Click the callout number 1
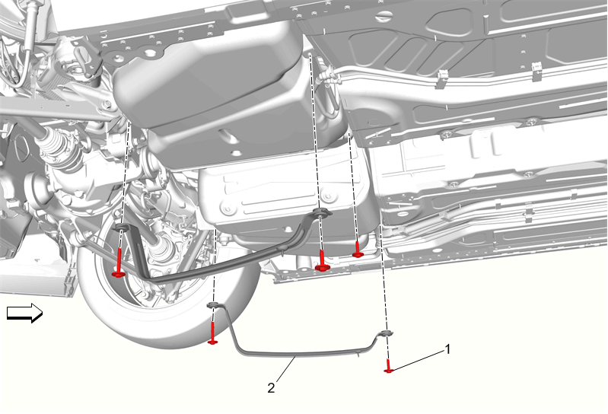(448, 349)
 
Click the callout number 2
(271, 387)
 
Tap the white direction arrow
(25, 313)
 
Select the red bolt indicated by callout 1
(389, 366)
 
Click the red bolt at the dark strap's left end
(119, 263)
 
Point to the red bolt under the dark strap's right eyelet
(322, 261)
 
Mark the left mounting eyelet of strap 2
(214, 304)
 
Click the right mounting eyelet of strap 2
(386, 333)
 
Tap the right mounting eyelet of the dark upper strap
(321, 212)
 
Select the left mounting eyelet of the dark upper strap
(121, 227)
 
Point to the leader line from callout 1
(418, 360)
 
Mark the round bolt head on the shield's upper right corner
(329, 196)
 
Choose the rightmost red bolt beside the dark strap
(358, 250)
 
